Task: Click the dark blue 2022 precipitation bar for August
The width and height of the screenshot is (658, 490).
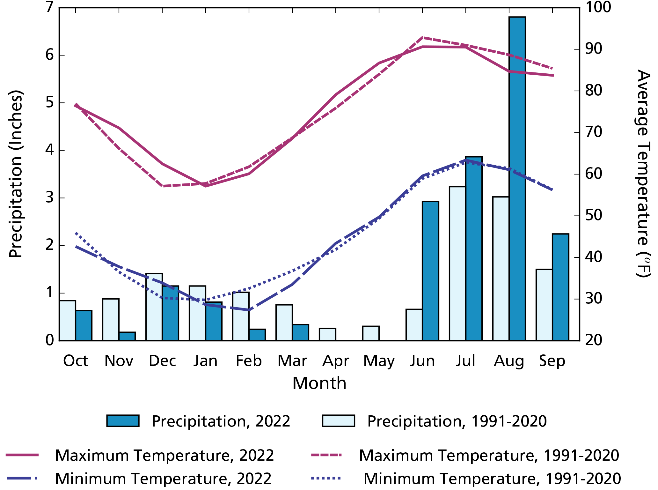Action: pos(517,179)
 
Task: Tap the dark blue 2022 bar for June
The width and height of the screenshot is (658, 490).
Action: pos(430,271)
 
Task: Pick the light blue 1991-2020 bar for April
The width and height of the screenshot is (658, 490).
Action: pos(327,335)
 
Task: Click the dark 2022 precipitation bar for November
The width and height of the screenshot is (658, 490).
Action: pos(127,337)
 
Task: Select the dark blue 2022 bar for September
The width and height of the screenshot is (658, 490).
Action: pos(560,287)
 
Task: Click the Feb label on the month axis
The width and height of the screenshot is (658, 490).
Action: pos(249,361)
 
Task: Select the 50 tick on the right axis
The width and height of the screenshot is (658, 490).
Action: pos(593,216)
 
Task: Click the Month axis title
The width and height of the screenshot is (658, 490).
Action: pos(319,383)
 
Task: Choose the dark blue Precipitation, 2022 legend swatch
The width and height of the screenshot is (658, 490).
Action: pos(123,421)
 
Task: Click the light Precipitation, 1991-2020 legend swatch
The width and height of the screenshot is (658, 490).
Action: pos(338,421)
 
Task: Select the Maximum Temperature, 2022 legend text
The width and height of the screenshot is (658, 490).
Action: pos(164,456)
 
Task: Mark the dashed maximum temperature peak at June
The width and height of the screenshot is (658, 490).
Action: pos(422,38)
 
